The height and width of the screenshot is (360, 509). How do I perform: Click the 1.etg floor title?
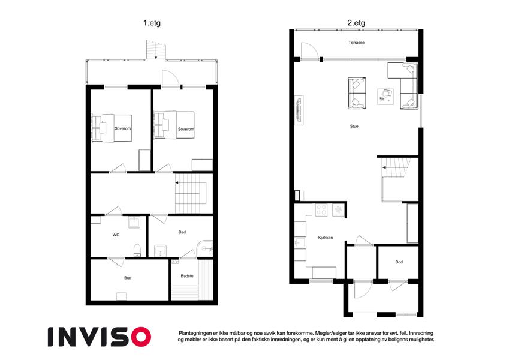pyautogui.click(x=152, y=23)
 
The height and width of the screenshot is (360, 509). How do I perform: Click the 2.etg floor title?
pyautogui.click(x=356, y=23)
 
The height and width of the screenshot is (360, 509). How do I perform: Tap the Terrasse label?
pyautogui.click(x=357, y=43)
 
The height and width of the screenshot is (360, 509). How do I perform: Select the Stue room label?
pyautogui.click(x=354, y=126)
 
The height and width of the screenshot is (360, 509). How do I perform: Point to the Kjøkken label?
pyautogui.click(x=326, y=238)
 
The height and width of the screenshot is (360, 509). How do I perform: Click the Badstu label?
pyautogui.click(x=187, y=276)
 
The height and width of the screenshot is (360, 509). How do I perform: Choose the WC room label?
pyautogui.click(x=116, y=235)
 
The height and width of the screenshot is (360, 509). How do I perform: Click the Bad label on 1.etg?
pyautogui.click(x=182, y=232)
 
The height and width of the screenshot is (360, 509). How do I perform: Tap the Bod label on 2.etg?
pyautogui.click(x=399, y=262)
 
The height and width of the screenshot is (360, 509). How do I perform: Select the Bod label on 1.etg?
pyautogui.click(x=128, y=278)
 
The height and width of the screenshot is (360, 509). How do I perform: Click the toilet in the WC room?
pyautogui.click(x=137, y=250)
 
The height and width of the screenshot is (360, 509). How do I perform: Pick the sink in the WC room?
pyautogui.click(x=134, y=223)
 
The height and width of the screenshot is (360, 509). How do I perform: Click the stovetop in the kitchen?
pyautogui.click(x=321, y=210)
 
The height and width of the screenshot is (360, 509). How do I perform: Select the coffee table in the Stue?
pyautogui.click(x=385, y=96)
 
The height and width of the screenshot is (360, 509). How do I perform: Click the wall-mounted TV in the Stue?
pyautogui.click(x=299, y=110)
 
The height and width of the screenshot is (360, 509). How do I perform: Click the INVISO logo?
pyautogui.click(x=100, y=337)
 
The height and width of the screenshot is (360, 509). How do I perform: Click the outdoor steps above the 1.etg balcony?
pyautogui.click(x=156, y=50)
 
